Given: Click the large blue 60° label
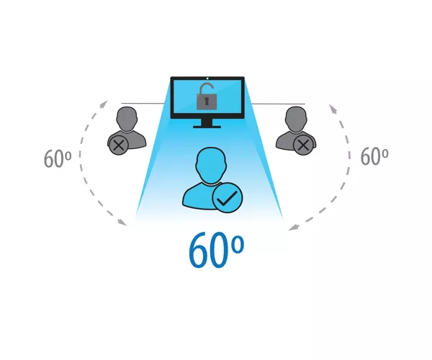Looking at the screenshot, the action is coord(216,250).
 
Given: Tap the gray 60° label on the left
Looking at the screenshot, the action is coord(58,158).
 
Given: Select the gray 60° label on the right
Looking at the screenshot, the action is coord(374,156).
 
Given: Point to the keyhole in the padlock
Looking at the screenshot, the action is coord(207,102).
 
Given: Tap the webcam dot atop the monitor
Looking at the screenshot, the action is coord(207,78).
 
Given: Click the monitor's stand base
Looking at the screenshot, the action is coord(207,127).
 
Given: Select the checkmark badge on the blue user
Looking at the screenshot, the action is coord(228,197).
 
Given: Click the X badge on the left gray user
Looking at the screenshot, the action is coord(119,145).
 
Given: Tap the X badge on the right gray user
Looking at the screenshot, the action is coord(303,145).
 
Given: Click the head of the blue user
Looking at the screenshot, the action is coord(211,165).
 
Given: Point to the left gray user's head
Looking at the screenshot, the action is coord(127,119).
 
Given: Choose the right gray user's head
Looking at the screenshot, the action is coord(296,119).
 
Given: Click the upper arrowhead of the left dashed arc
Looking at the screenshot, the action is coord(104,104).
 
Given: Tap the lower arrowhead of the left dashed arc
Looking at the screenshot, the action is coord(122,222).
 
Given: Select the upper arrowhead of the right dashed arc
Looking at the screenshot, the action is coord(333,109).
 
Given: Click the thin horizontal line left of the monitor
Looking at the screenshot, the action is coord(143,103).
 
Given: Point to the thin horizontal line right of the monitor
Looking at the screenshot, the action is coord(279,104).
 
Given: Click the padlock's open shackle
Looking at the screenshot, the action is coord(207,88).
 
